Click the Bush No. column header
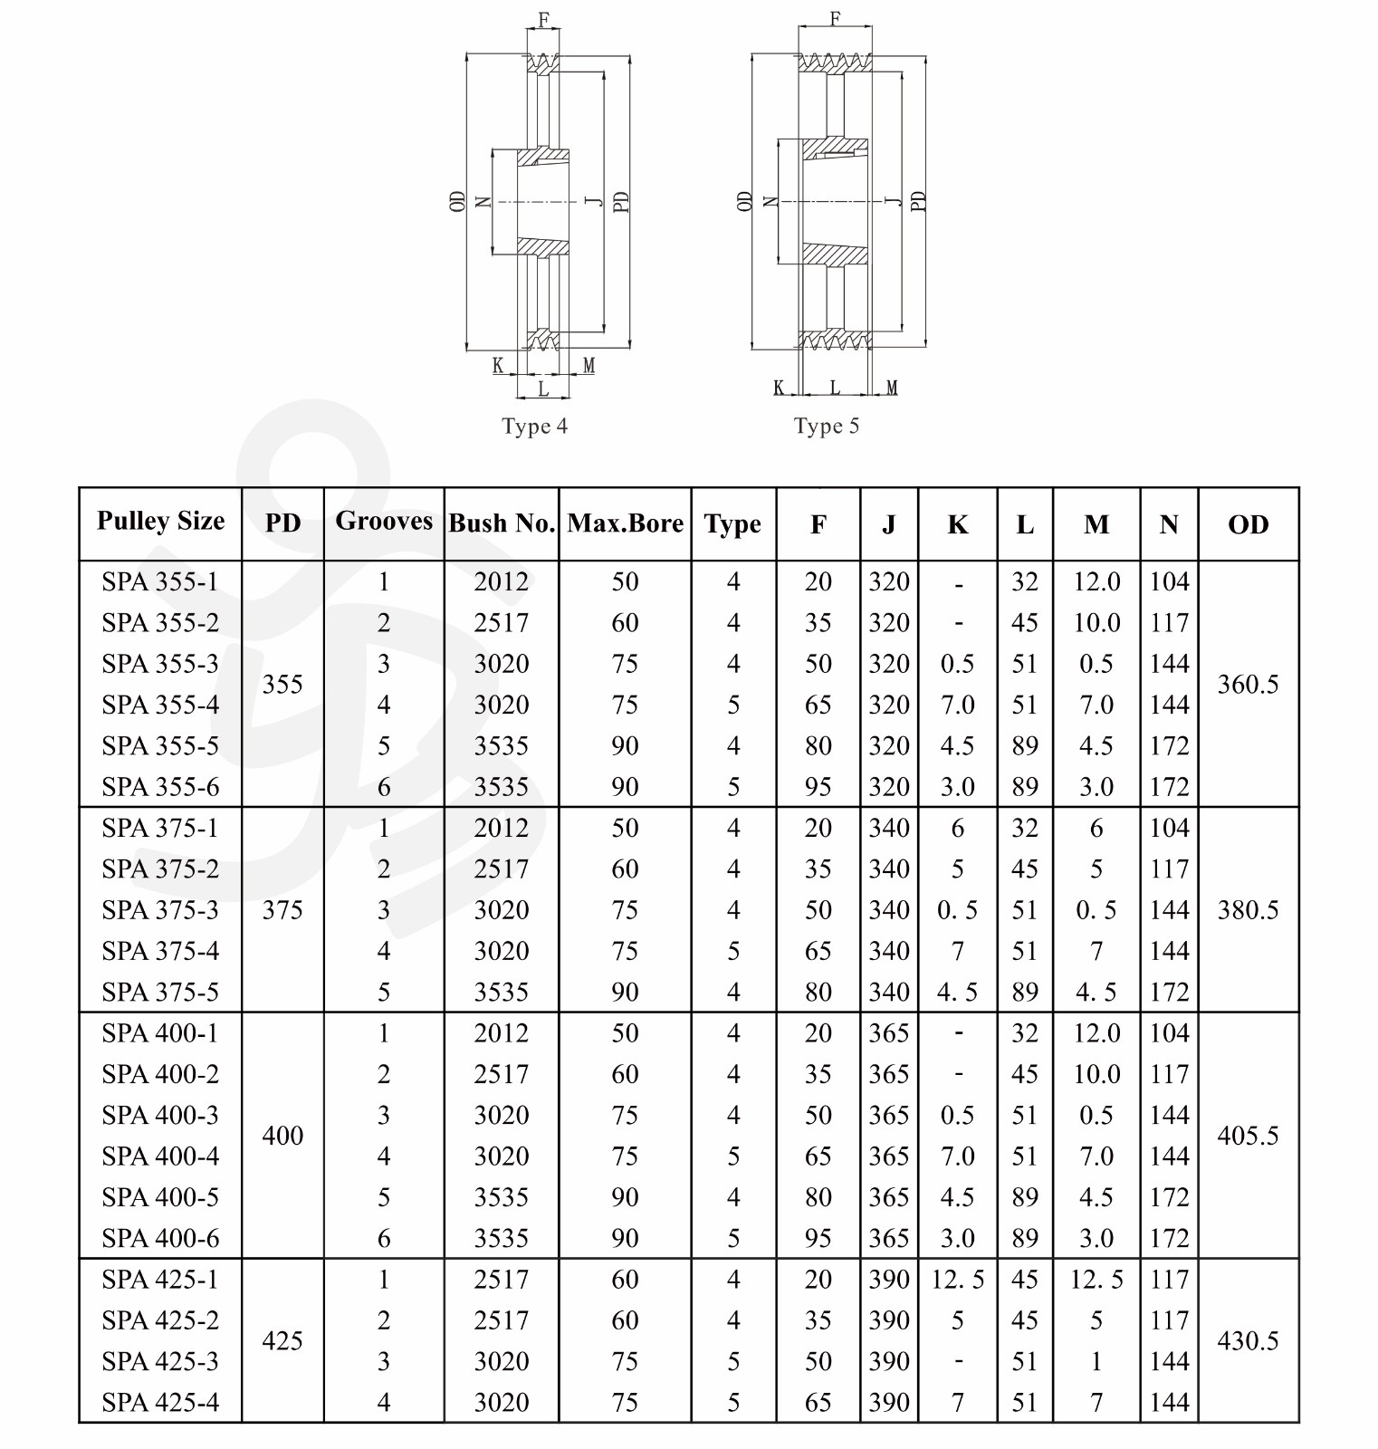(x=501, y=523)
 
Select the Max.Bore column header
(x=625, y=523)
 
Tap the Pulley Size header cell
(x=160, y=522)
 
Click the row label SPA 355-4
(x=160, y=705)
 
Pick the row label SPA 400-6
(x=160, y=1238)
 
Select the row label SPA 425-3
(x=160, y=1361)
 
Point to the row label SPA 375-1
(x=160, y=828)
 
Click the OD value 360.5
(x=1248, y=684)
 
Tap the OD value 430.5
(x=1248, y=1340)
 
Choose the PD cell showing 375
(x=282, y=909)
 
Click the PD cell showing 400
(x=282, y=1136)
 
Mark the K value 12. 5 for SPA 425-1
(x=957, y=1280)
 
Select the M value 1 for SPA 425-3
(x=1096, y=1361)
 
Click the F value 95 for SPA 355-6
(x=818, y=787)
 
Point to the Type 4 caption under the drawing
(x=534, y=427)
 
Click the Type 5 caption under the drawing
(x=826, y=427)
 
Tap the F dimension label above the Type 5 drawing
(x=835, y=18)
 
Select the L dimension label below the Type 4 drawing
(x=543, y=389)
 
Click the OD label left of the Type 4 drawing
(x=457, y=201)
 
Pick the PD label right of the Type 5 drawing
(x=917, y=201)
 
